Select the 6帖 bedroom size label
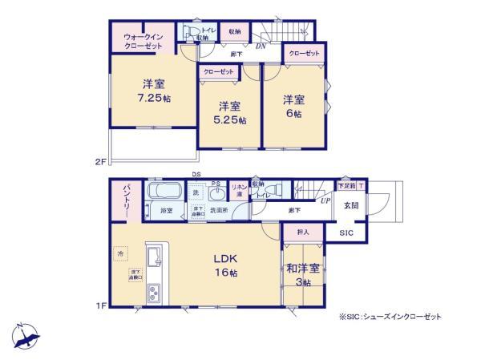293,115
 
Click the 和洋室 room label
301,269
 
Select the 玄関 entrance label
351,204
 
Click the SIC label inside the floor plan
346,233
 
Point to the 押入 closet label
293,232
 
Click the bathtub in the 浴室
165,194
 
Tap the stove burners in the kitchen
154,295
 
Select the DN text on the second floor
261,47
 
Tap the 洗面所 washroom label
218,211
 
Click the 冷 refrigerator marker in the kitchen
120,254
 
